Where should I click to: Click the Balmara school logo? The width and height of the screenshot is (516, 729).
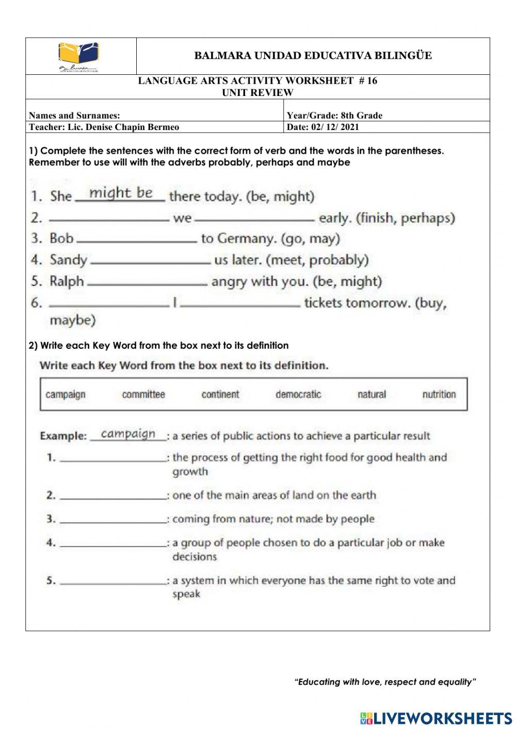tap(78, 56)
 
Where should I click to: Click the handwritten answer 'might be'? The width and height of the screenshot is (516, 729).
tap(121, 193)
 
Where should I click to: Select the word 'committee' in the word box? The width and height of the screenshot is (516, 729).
tap(143, 395)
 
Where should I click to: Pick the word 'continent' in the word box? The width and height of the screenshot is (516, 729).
tap(220, 395)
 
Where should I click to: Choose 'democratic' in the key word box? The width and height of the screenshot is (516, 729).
tap(298, 395)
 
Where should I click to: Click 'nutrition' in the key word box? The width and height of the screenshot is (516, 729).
tap(439, 395)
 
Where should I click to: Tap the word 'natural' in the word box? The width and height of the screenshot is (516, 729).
tap(372, 395)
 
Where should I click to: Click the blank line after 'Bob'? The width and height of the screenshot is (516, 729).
tap(136, 240)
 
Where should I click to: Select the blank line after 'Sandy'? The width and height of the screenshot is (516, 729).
tap(151, 262)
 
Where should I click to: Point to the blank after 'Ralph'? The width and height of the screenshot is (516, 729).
tap(148, 283)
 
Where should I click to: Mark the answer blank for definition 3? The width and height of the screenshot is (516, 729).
tap(113, 522)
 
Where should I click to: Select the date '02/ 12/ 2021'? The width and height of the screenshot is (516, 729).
tap(335, 127)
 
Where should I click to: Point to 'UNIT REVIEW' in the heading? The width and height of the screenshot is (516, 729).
tap(257, 93)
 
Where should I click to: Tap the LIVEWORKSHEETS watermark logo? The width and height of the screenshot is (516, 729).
tap(436, 718)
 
